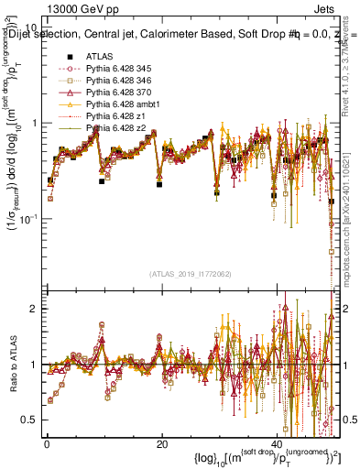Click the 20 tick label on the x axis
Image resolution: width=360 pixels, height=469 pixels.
point(162,442)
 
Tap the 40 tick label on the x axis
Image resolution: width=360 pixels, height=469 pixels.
point(278,442)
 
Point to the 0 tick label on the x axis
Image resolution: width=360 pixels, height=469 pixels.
point(46,442)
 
